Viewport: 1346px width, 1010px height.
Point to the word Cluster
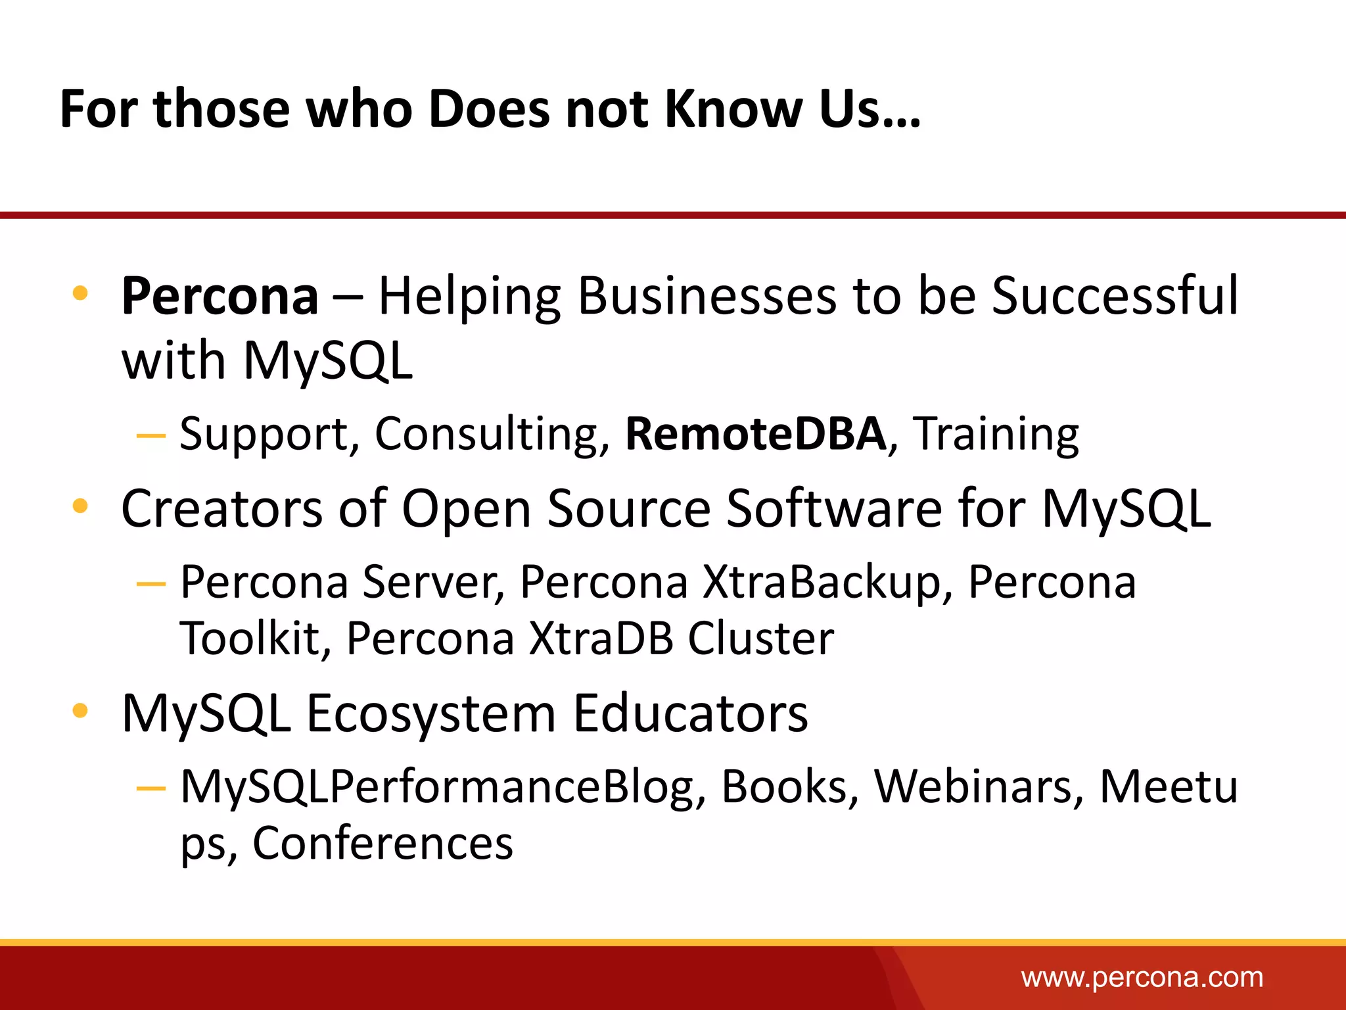(x=761, y=638)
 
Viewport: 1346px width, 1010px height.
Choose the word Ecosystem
(x=431, y=714)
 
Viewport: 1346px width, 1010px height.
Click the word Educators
(x=690, y=714)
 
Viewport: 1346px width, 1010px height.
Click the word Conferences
(x=383, y=843)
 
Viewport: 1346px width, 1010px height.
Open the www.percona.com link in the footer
(x=1142, y=978)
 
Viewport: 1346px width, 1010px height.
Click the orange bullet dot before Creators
(x=80, y=506)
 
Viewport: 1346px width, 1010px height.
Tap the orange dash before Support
(x=151, y=435)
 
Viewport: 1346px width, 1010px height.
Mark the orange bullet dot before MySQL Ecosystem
(x=80, y=710)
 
